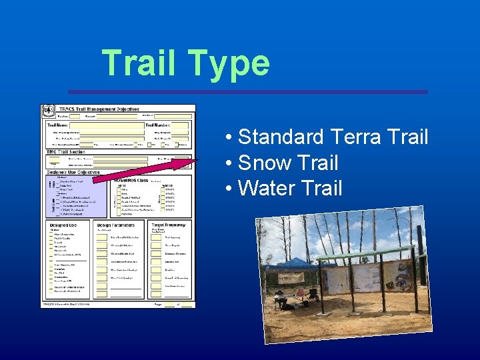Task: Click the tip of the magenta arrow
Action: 197,159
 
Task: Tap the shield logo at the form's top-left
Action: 48,111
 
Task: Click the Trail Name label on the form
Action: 57,125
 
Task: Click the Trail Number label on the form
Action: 158,125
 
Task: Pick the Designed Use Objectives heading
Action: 73,171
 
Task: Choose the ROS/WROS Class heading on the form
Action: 132,180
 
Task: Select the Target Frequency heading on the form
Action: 168,225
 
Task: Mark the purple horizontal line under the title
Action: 247,91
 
